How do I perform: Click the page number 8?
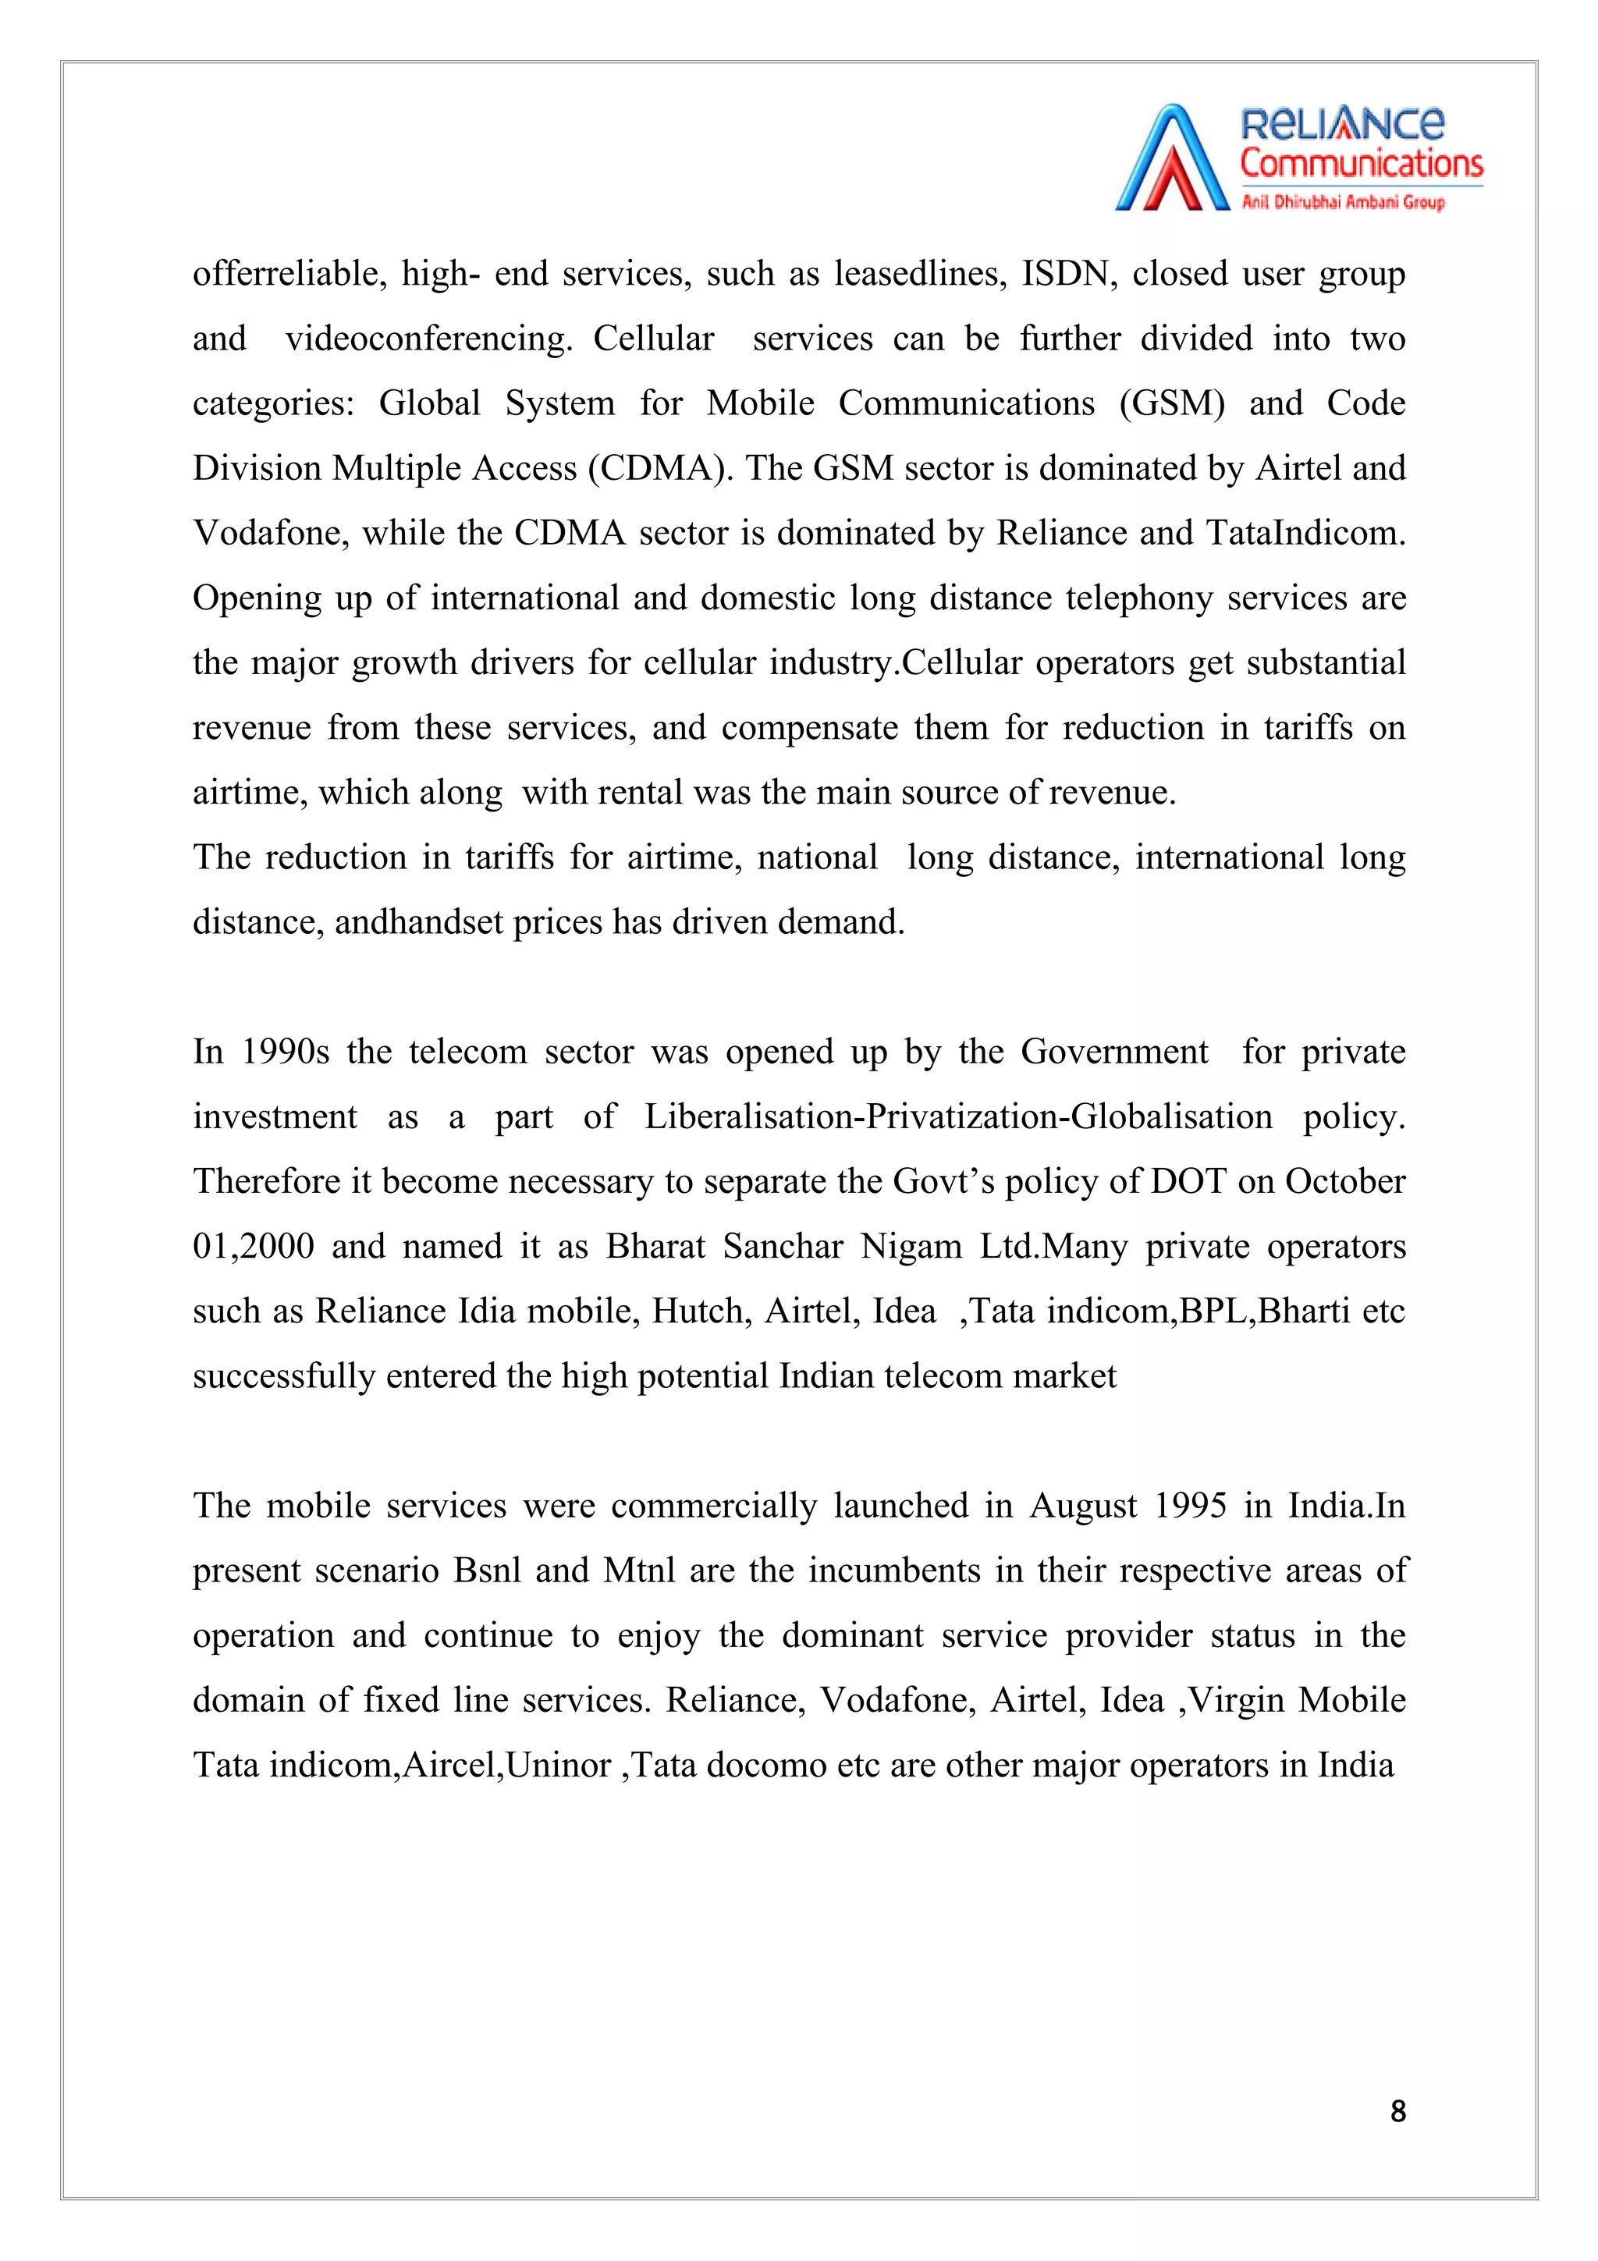(x=1397, y=2111)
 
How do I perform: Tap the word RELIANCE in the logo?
(x=1341, y=124)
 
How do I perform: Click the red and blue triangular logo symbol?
(x=1172, y=159)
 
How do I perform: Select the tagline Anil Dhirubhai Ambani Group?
(x=1342, y=202)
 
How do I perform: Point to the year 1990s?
(x=286, y=1052)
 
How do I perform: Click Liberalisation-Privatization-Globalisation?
(x=958, y=1116)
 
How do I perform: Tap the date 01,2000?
(x=253, y=1246)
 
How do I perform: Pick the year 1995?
(x=1191, y=1506)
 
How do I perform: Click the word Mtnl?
(x=639, y=1570)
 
